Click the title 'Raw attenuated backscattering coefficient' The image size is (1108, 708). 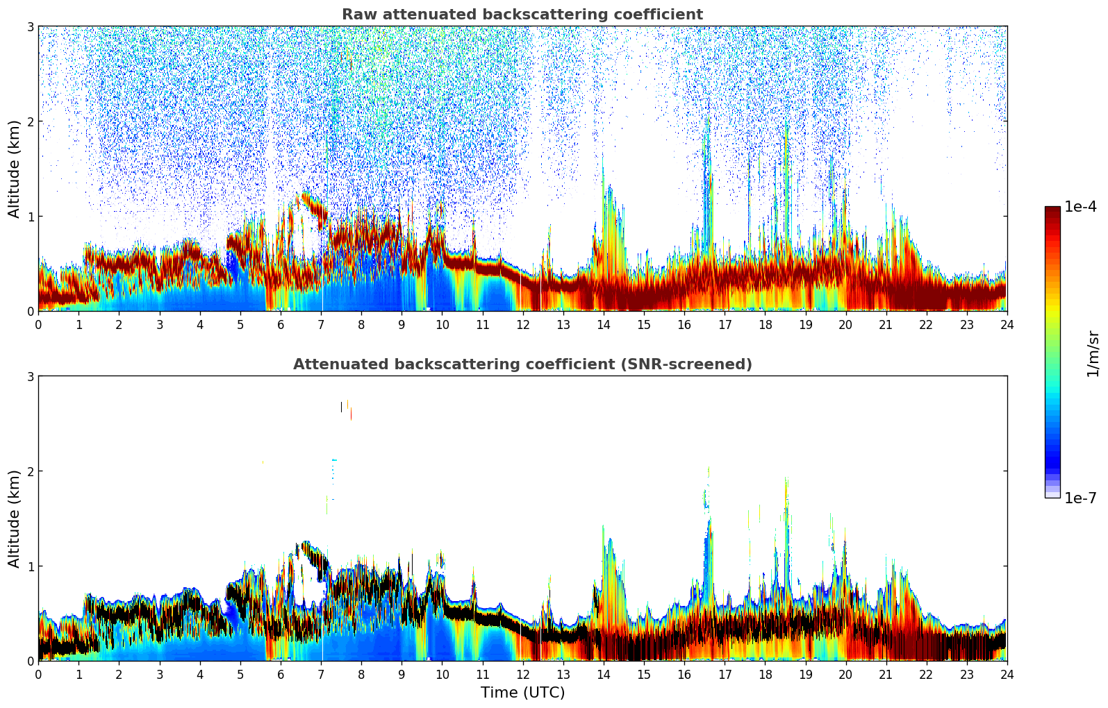coord(522,15)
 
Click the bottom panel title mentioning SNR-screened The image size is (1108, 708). coord(522,364)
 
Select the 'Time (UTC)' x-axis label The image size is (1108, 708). coord(522,692)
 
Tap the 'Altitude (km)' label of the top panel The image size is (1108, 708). coord(15,169)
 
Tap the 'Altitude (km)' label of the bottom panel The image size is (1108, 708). coord(15,519)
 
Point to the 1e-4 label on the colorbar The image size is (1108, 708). coord(1080,207)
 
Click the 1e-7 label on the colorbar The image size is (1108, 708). coord(1080,498)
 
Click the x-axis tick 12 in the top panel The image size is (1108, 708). coord(522,324)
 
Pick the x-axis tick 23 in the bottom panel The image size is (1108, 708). coord(966,674)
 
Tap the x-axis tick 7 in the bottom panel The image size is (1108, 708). coord(321,674)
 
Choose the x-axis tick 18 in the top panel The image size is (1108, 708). coord(765,324)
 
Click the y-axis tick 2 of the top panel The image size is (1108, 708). coord(30,121)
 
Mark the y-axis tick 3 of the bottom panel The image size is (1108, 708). coord(30,376)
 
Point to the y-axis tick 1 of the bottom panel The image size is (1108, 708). coord(30,566)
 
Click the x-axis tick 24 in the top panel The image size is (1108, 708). coord(1007,324)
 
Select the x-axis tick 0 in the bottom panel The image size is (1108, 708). coord(38,674)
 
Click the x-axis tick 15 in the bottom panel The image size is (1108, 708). coord(643,674)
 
